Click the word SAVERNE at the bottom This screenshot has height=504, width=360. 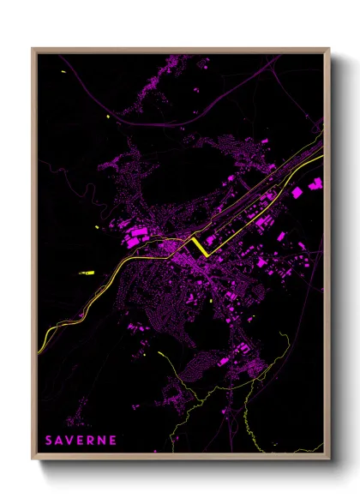point(81,440)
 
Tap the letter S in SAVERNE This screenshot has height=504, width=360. point(49,440)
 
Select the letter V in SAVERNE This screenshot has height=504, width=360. point(70,440)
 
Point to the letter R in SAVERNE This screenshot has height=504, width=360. point(92,440)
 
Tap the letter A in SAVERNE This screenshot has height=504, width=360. point(59,440)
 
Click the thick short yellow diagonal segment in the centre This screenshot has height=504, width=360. point(199,246)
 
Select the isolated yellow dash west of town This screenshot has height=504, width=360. point(87,273)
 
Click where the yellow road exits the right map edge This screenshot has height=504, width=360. point(322,158)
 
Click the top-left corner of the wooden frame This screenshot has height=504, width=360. point(33,49)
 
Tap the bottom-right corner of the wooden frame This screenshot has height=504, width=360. point(328,459)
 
